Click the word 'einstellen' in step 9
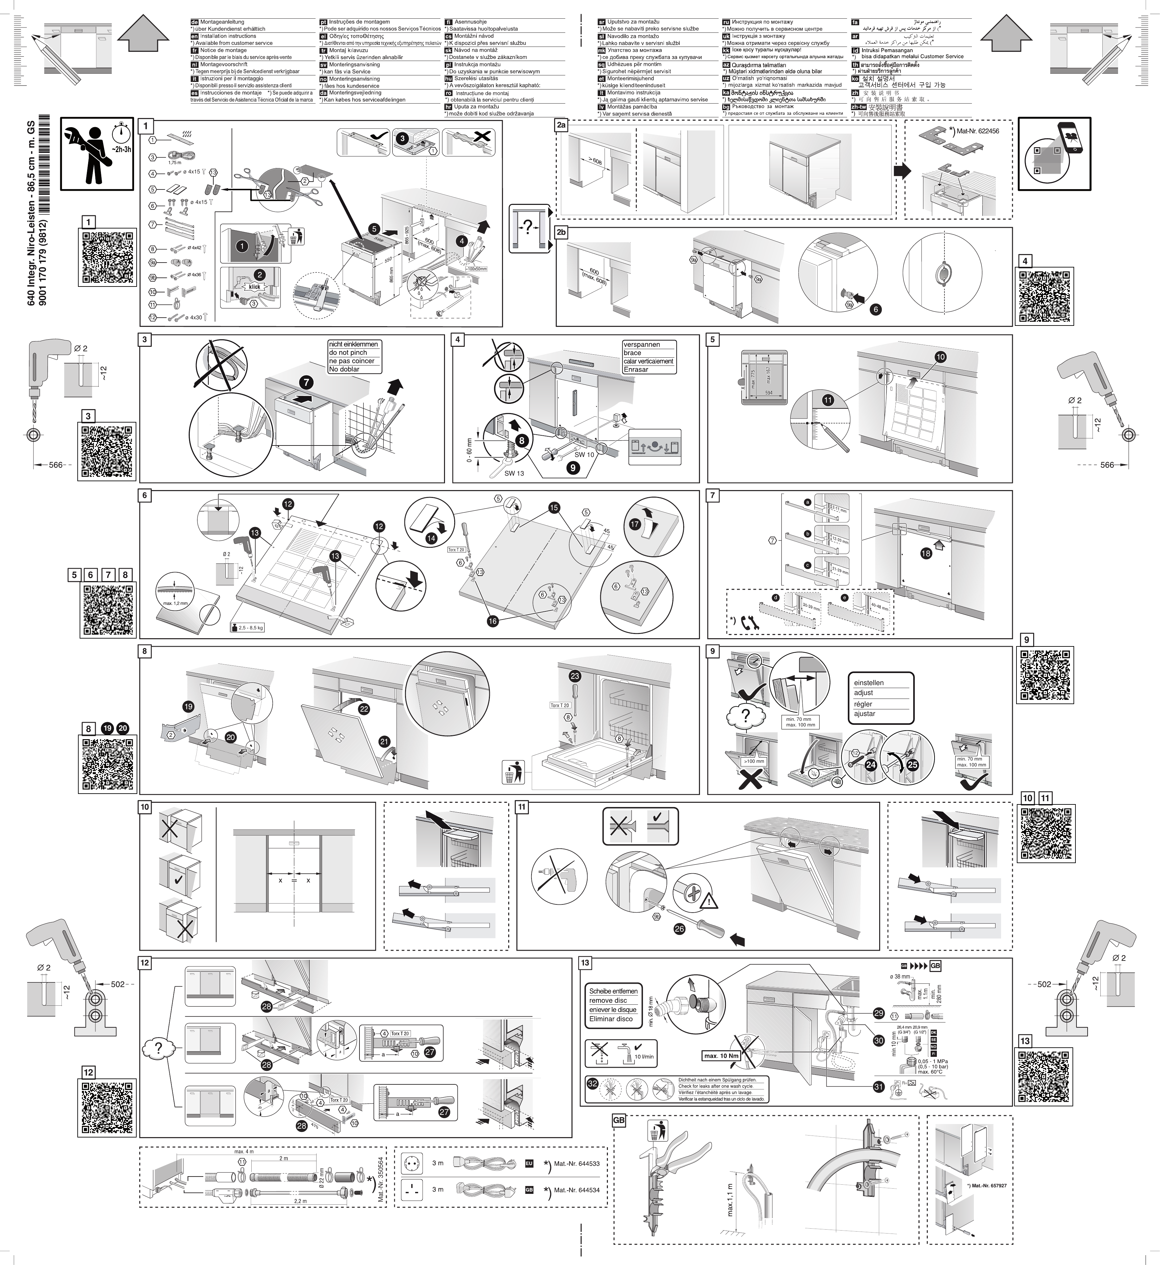pos(869,682)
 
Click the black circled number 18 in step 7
pos(926,553)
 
